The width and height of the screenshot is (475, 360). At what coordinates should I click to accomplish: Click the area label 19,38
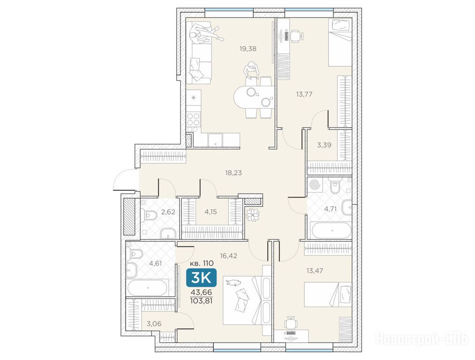pyautogui.click(x=248, y=49)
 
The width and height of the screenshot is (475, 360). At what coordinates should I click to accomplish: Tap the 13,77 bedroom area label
pyautogui.click(x=304, y=95)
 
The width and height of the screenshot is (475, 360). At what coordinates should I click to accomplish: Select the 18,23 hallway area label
pyautogui.click(x=234, y=173)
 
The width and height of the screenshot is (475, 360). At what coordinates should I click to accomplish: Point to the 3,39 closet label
pyautogui.click(x=324, y=145)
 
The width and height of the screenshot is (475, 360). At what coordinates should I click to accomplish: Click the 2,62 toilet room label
pyautogui.click(x=168, y=212)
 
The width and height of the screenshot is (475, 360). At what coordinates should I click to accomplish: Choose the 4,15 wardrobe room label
pyautogui.click(x=211, y=212)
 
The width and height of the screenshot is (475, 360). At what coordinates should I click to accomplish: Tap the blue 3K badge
pyautogui.click(x=202, y=277)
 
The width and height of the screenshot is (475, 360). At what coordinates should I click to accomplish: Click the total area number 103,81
pyautogui.click(x=201, y=300)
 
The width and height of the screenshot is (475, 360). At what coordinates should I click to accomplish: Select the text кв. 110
pyautogui.click(x=202, y=263)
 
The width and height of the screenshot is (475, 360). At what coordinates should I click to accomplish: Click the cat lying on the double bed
pyautogui.click(x=233, y=283)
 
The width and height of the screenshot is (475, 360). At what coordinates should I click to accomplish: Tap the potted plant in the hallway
pyautogui.click(x=252, y=215)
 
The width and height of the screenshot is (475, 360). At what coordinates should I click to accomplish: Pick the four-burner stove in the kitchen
pyautogui.click(x=193, y=119)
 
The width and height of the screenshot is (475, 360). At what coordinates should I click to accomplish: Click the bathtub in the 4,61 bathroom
pyautogui.click(x=148, y=288)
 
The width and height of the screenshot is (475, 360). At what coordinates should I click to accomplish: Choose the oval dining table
pyautogui.click(x=254, y=97)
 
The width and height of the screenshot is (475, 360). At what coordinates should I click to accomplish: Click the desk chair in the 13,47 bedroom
pyautogui.click(x=291, y=323)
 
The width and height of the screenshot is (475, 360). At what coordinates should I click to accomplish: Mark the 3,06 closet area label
pyautogui.click(x=154, y=324)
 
